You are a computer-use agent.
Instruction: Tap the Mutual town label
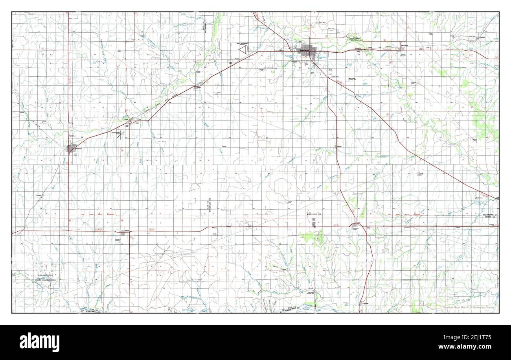click(421, 172)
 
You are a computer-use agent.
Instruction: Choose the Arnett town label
click(127, 230)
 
